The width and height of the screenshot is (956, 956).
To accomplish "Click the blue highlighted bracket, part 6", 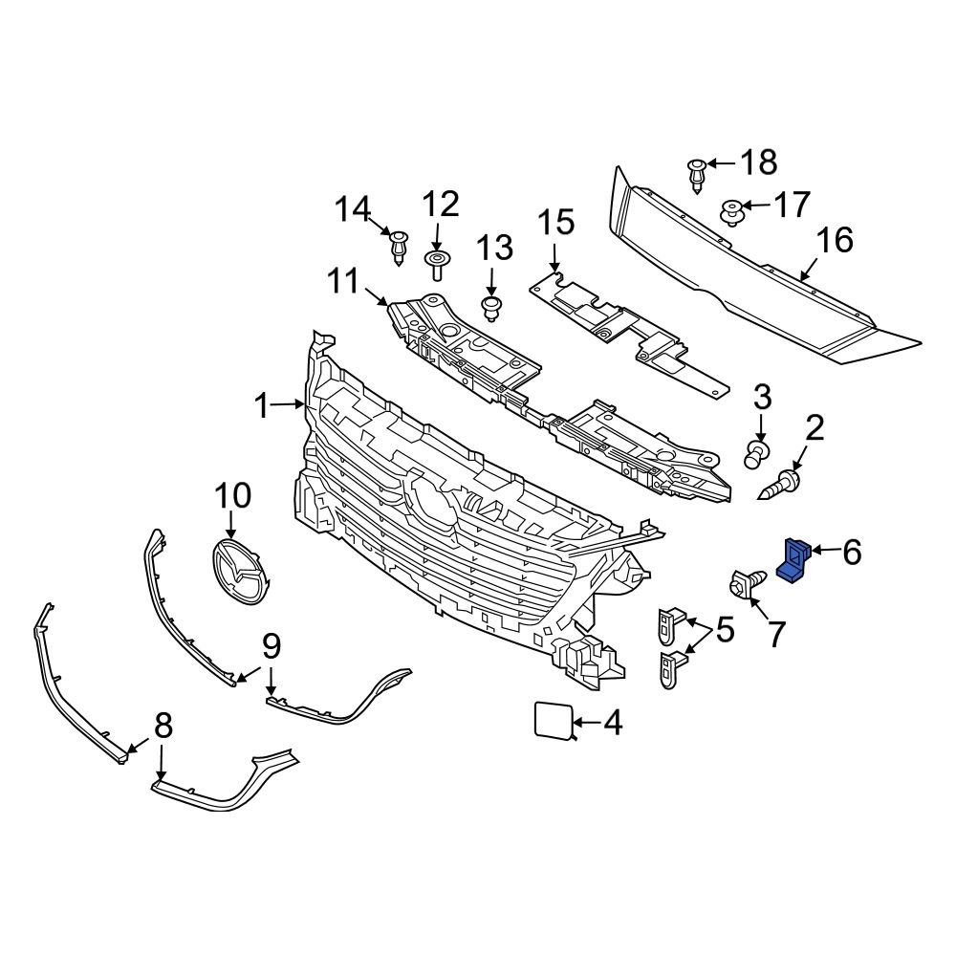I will coord(793,559).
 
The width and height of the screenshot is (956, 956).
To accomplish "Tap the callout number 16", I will coord(835,240).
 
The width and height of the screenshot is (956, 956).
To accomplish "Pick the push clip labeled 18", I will coord(697,174).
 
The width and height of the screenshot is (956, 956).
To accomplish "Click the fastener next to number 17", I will coord(733,211).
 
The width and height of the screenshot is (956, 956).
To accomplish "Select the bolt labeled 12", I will coord(437,263).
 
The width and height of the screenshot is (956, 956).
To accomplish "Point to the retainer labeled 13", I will coord(492,309).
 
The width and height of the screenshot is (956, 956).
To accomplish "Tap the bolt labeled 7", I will coord(746,582).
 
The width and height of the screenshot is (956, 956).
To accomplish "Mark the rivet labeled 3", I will coord(757,453).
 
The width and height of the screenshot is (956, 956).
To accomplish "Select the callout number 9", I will coord(272,648).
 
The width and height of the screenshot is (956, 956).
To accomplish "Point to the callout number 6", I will coord(850,551).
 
